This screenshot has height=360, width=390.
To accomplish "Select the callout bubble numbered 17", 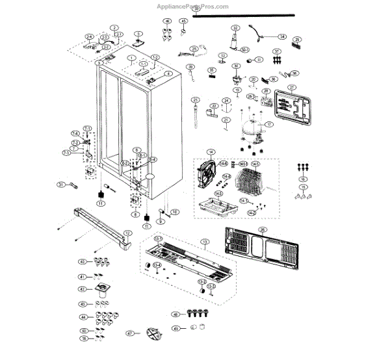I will tap(268, 123).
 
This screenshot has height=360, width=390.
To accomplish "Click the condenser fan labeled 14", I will tap(207, 172).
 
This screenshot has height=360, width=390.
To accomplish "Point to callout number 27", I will tap(292, 87).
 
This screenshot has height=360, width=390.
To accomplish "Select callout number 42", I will tap(83, 289).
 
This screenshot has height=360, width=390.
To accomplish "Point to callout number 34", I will tap(282, 37).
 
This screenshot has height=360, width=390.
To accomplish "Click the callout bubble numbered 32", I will tap(235, 28).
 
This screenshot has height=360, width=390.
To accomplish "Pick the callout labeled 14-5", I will tap(255, 164).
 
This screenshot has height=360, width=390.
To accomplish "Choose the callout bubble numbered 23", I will tap(194, 99).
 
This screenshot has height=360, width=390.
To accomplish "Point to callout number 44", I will tap(83, 317).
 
